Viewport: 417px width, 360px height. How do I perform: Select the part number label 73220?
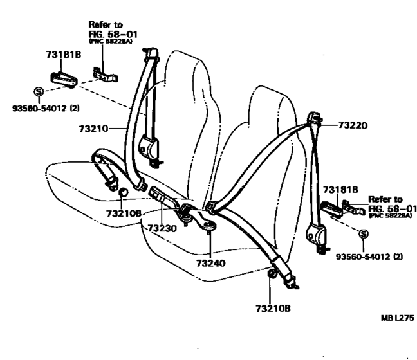[x=351, y=127]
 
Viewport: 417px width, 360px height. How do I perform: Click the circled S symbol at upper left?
[x=39, y=93]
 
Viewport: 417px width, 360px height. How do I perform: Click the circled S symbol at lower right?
[x=362, y=235]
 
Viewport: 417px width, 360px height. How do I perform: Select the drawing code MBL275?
[x=396, y=318]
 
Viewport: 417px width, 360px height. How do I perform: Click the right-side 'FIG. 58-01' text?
[x=392, y=208]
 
